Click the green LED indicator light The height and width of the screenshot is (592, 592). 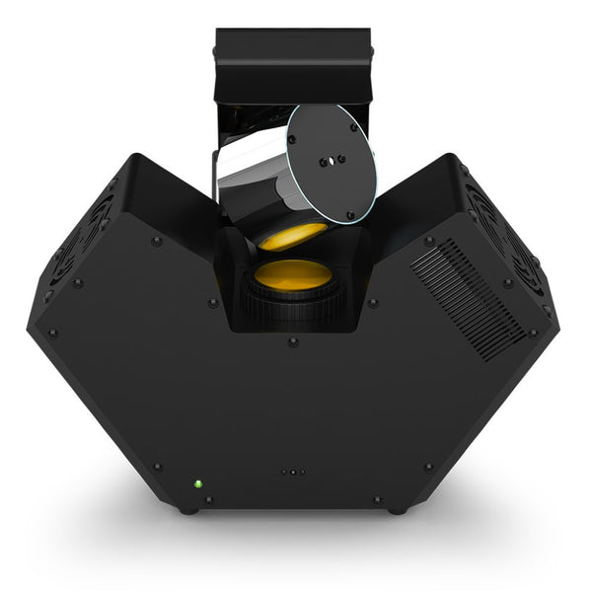pos(197,484)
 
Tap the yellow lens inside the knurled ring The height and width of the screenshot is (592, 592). pos(292,273)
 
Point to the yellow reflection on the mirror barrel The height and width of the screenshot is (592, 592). pos(292,236)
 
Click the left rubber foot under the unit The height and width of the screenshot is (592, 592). pos(186,509)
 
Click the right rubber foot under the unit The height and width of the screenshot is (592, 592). pos(397,509)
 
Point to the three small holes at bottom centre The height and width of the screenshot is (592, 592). pos(292,472)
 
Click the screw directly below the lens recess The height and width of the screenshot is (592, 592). pos(292,342)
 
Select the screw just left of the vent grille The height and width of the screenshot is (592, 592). pos(428,241)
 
